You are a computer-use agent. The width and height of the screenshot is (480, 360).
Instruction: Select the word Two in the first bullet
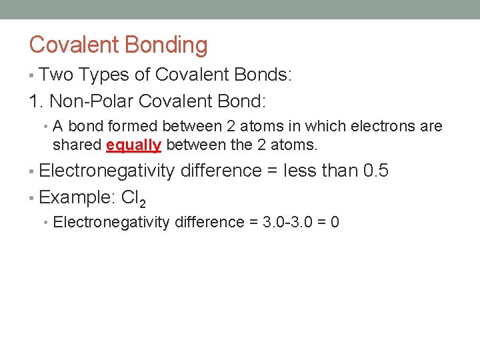56,75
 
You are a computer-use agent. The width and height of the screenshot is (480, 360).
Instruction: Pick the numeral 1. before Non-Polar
36,102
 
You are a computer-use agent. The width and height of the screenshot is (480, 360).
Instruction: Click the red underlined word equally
133,145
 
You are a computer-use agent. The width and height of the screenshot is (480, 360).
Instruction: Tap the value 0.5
376,171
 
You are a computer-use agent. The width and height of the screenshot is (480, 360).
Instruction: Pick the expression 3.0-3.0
289,222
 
